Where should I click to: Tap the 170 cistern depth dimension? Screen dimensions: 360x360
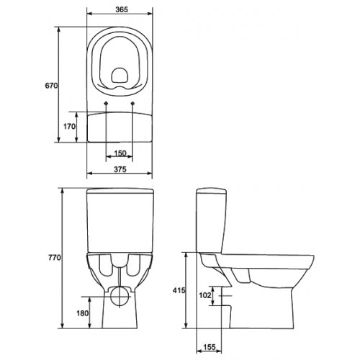click(x=70, y=126)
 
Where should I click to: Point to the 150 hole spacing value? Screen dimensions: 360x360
click(x=120, y=153)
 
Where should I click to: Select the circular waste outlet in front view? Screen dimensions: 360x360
click(x=120, y=295)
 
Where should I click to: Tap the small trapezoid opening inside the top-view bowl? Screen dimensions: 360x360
click(x=120, y=73)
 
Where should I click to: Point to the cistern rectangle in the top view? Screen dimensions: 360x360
click(x=120, y=126)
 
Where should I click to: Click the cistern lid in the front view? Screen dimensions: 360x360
click(x=120, y=192)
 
